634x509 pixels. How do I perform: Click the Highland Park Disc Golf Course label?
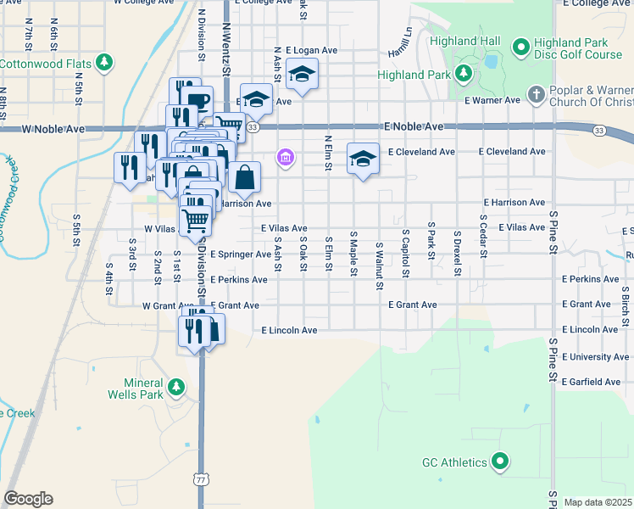coord(578,48)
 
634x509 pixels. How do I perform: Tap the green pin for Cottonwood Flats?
coord(104,63)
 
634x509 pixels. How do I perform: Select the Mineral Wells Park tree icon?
coord(175,388)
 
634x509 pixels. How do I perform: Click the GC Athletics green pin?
coord(500,462)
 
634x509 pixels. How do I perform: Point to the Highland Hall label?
coord(464,42)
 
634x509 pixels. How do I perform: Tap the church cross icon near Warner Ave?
coord(535,93)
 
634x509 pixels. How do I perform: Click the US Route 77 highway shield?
coord(201,479)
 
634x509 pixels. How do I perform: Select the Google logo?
coord(28,499)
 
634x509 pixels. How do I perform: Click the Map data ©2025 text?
coord(598,502)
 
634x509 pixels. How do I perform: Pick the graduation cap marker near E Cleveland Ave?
coord(363,158)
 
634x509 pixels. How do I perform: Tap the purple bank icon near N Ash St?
coord(286,158)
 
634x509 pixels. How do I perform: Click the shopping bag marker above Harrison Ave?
coord(244,177)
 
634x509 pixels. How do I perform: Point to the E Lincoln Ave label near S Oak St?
coord(289,330)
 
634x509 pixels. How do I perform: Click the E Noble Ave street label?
coord(414,126)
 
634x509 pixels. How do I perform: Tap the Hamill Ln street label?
coord(400,38)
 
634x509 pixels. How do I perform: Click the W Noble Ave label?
coord(53,129)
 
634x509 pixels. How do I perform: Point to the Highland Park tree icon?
coord(464,75)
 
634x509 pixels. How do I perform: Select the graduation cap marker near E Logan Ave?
coord(301,74)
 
